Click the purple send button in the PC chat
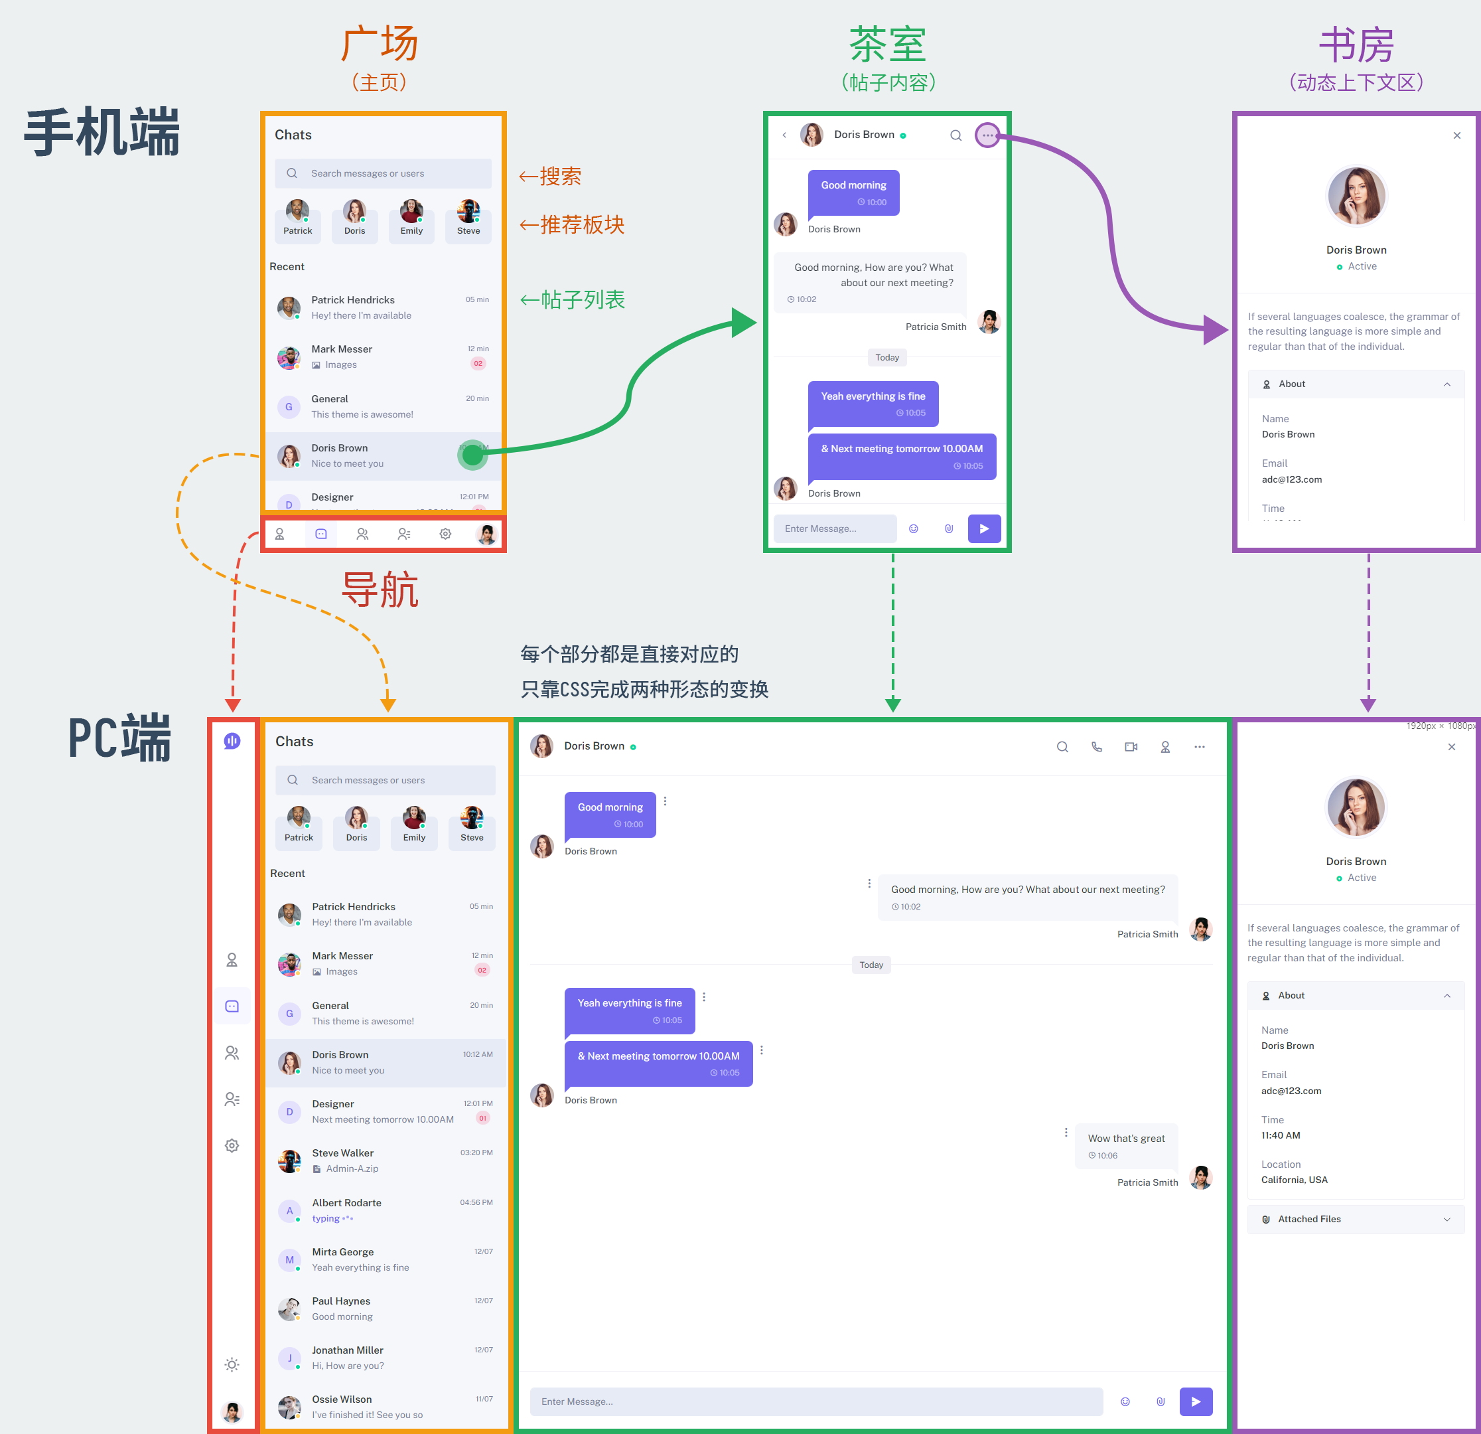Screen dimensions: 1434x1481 tap(1196, 1401)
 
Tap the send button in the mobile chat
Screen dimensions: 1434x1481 tap(984, 528)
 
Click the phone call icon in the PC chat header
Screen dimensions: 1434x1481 tap(1096, 747)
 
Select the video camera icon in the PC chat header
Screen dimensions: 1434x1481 tap(1131, 747)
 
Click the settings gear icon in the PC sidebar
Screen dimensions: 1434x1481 tap(232, 1145)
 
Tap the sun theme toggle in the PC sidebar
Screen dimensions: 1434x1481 tap(232, 1364)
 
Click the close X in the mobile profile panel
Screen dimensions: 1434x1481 tap(1457, 135)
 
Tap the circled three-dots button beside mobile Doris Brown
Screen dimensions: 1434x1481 tap(987, 135)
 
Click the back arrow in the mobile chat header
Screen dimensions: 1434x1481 tap(784, 135)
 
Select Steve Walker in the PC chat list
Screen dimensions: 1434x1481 tap(386, 1160)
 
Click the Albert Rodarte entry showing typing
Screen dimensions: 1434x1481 tap(386, 1210)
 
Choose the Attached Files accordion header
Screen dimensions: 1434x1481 tap(1356, 1218)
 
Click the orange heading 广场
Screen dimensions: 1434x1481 tap(380, 44)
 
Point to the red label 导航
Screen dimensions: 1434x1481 tap(380, 590)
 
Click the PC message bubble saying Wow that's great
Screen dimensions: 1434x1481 tap(1126, 1145)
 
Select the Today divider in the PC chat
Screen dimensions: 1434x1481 tap(871, 965)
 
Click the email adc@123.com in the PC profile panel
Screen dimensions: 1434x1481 tap(1291, 1091)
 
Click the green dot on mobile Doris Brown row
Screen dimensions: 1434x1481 tap(473, 455)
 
